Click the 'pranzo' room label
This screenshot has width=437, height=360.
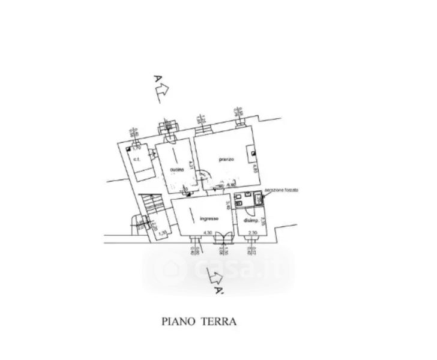click(226, 159)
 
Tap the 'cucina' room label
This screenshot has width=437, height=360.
click(176, 170)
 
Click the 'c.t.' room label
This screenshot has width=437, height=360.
click(137, 159)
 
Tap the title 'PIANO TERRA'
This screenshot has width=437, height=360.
click(199, 321)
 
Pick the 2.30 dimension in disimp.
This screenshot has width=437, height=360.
click(253, 232)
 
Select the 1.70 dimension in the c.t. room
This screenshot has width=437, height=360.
click(136, 148)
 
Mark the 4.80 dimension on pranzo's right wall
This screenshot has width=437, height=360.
click(254, 169)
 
